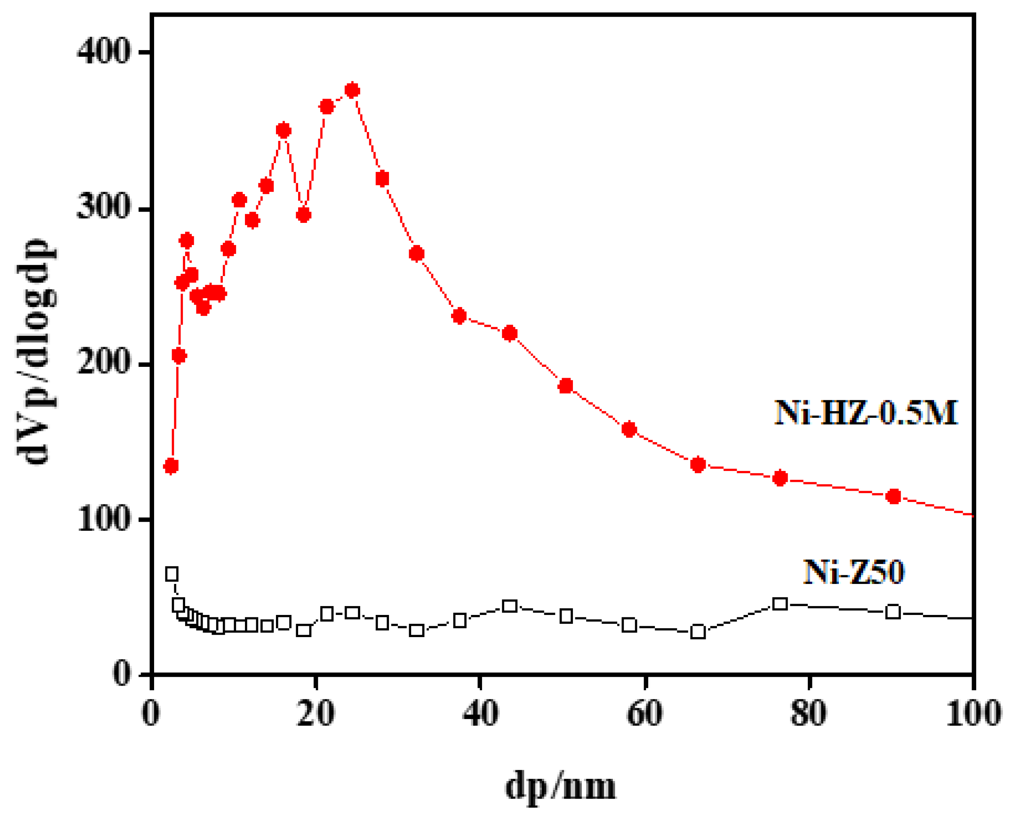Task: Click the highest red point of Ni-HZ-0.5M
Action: coord(352,90)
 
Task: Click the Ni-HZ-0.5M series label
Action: coord(866,413)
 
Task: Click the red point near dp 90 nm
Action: coord(893,496)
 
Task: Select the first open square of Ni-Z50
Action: coord(172,574)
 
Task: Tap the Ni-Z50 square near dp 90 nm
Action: coord(893,612)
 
